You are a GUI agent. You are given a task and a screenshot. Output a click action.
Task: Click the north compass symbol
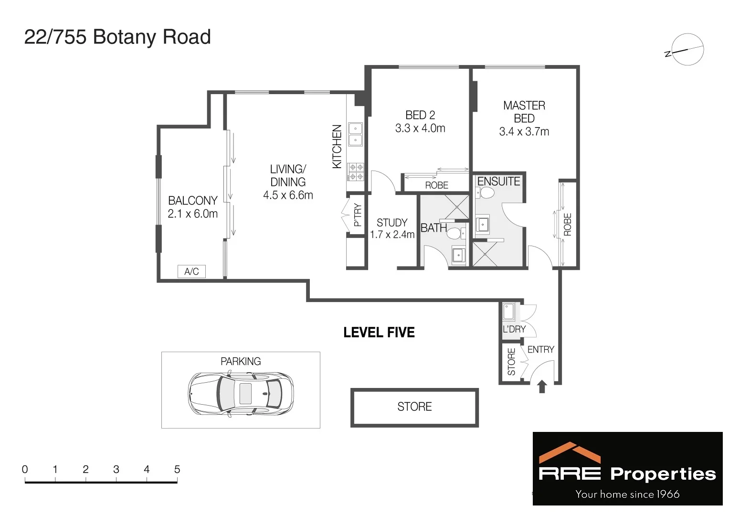tap(686, 50)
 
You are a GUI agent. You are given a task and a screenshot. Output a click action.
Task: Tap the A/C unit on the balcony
tap(191, 271)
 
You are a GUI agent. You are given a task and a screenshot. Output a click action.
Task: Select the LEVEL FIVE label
tap(379, 333)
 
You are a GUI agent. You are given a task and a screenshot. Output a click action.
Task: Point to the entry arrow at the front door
tap(542, 386)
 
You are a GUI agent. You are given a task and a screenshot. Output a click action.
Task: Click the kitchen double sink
tap(356, 134)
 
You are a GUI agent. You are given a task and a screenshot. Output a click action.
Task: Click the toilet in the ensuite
tap(486, 193)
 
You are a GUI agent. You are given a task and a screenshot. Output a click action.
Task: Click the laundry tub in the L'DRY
tap(508, 312)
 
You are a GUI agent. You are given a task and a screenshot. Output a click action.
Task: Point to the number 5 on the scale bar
tap(177, 470)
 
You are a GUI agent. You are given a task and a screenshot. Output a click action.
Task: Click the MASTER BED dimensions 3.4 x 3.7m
tap(524, 132)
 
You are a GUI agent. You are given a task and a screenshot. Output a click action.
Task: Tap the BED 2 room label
tap(420, 115)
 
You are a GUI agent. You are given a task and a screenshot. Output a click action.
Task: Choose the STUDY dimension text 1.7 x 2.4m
tap(392, 235)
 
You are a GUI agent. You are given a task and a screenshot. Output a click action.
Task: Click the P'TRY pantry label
tap(358, 215)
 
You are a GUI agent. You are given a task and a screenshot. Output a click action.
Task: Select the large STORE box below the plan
tap(414, 407)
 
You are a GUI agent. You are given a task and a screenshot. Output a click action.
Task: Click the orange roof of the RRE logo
tap(569, 452)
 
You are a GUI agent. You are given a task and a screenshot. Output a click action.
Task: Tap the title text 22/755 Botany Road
tap(117, 37)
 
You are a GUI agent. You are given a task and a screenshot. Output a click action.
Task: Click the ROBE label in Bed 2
tap(436, 185)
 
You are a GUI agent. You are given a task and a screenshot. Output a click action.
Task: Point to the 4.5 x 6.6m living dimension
tap(288, 195)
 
